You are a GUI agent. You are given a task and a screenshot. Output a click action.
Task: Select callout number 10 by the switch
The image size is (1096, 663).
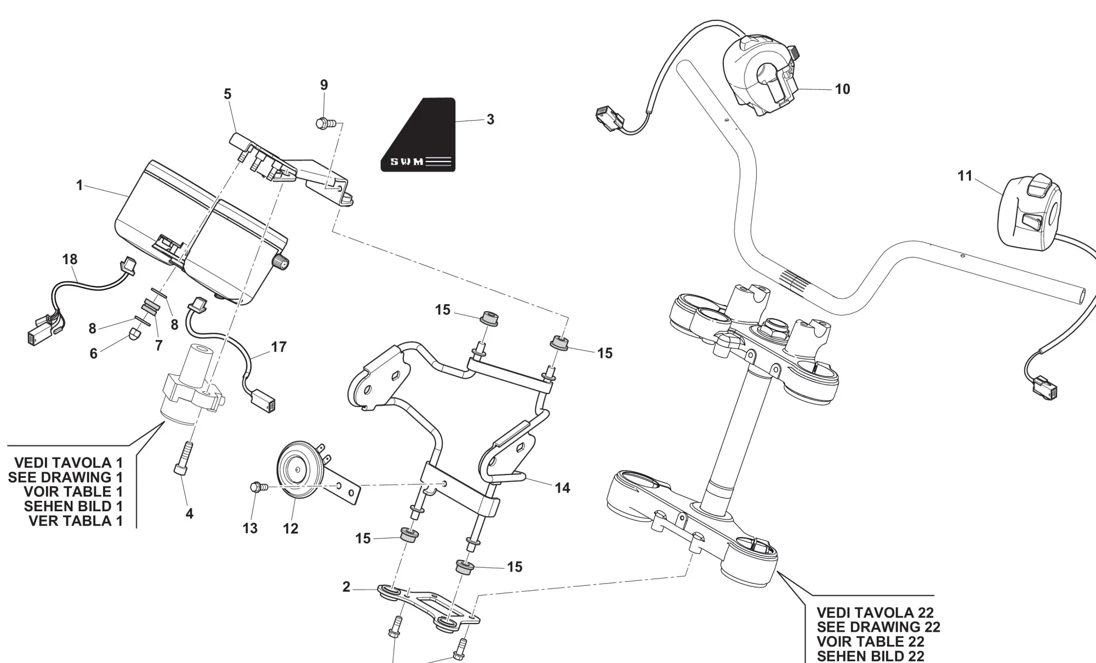point(842,89)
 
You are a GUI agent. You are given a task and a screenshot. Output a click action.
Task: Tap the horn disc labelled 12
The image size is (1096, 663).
point(296,470)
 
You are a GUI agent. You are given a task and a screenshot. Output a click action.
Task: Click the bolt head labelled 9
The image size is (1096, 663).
point(322,123)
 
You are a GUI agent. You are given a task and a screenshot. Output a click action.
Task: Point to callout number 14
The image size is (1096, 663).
point(562,488)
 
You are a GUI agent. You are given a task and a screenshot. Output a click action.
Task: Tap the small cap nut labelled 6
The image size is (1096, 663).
point(135,334)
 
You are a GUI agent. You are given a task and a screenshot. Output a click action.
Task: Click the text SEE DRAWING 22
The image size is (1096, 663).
point(878,627)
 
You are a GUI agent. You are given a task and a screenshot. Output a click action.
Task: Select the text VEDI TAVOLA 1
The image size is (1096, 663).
point(68,462)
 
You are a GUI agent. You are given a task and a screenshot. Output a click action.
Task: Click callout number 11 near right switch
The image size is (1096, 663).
point(964,176)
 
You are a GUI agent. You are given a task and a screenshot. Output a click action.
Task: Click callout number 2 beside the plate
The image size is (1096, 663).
point(346,587)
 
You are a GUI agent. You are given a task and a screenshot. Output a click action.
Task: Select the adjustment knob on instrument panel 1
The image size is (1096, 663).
point(281,264)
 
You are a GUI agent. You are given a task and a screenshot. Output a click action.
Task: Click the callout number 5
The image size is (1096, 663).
point(227,94)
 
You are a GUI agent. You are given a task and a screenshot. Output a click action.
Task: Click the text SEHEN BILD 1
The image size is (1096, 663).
point(73,506)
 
